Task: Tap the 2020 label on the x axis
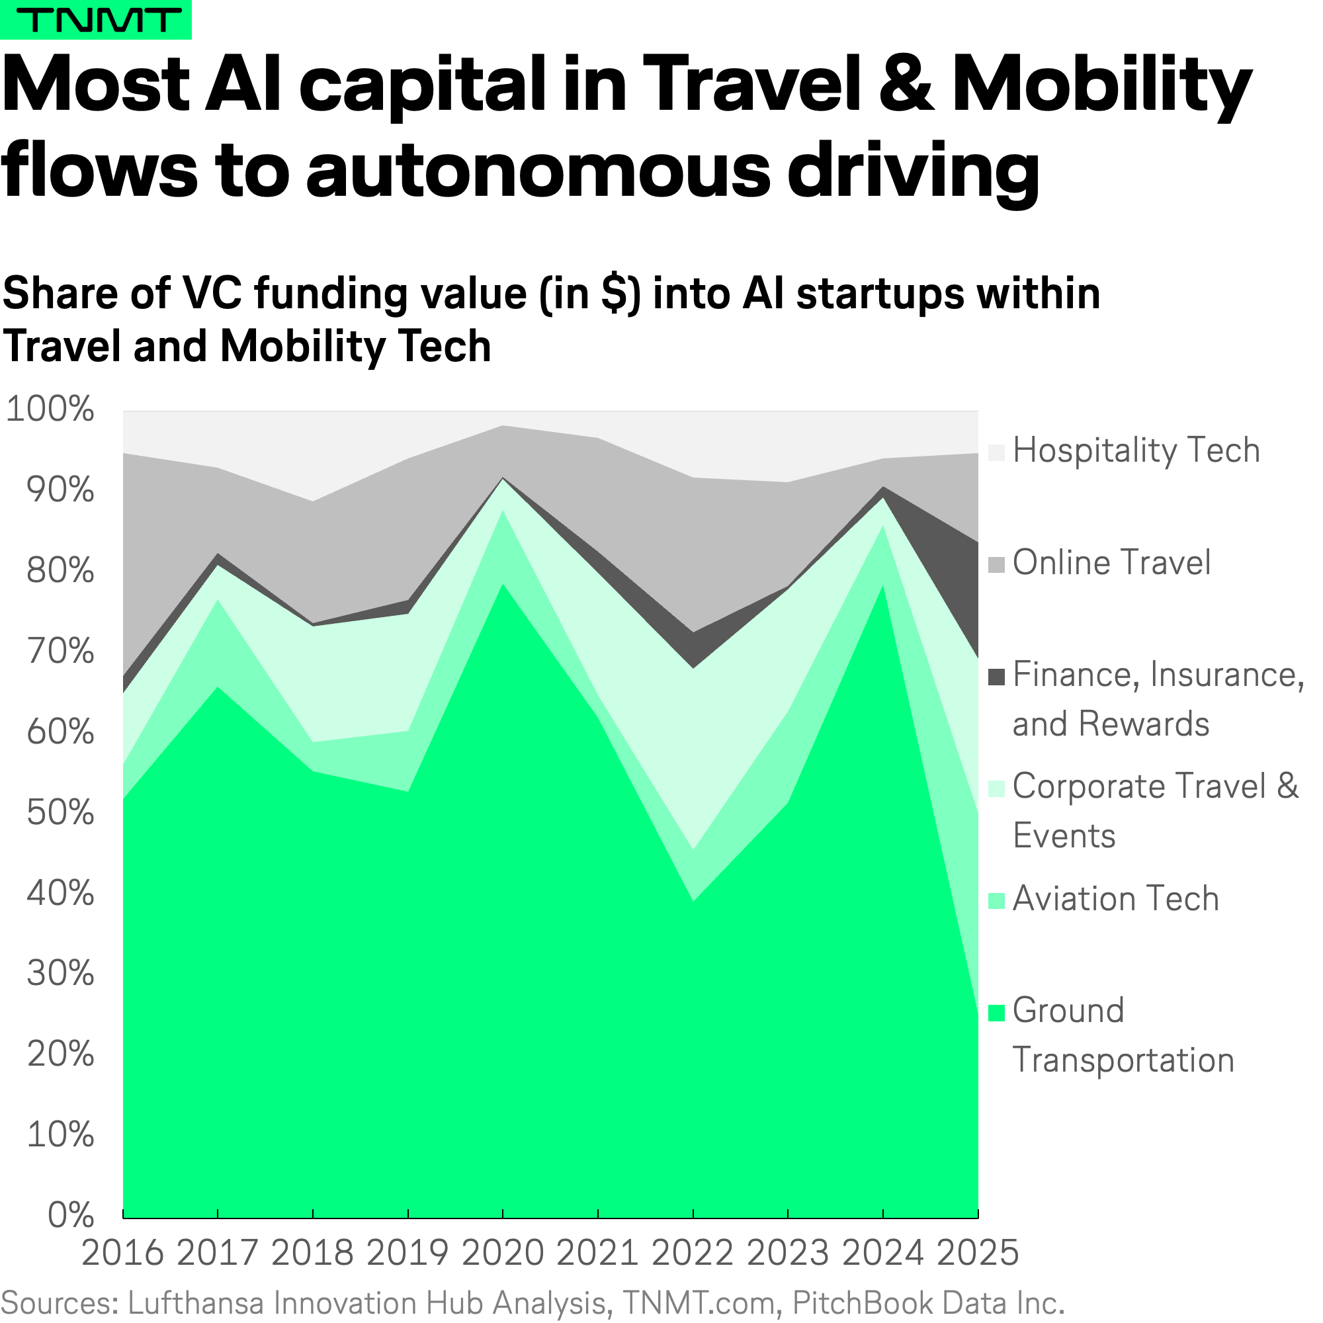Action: tap(503, 1253)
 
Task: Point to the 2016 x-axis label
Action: tap(122, 1253)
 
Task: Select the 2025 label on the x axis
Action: tap(977, 1253)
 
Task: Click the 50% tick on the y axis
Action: tap(60, 813)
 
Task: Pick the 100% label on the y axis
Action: tap(50, 409)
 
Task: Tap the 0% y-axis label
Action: tap(71, 1215)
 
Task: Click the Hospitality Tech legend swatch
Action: tap(996, 452)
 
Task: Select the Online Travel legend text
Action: tap(1111, 563)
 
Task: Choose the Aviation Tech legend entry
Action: tap(1115, 899)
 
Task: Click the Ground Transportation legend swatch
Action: tap(996, 1013)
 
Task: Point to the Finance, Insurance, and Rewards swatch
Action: tap(996, 677)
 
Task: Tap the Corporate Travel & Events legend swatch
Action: tap(996, 789)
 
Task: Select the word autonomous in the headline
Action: tap(538, 171)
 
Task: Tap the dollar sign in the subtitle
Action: tap(615, 294)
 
